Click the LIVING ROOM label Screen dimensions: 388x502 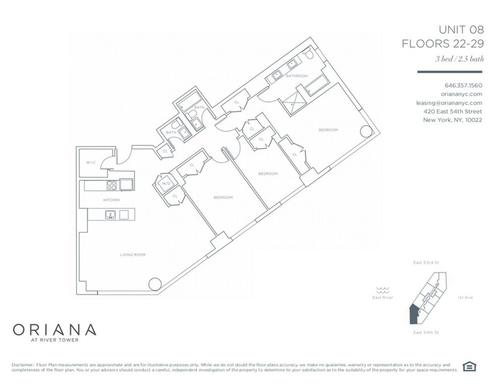pyautogui.click(x=133, y=254)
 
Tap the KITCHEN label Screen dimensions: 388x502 pyautogui.click(x=111, y=200)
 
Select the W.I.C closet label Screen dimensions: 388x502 pyautogui.click(x=91, y=162)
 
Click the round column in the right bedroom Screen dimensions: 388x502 pyautogui.click(x=365, y=131)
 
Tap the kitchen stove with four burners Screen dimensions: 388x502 pyautogui.click(x=113, y=185)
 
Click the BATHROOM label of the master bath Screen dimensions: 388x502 pyautogui.click(x=297, y=76)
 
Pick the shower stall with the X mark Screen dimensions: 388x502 pyautogui.click(x=291, y=102)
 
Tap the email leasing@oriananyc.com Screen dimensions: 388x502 pyautogui.click(x=449, y=103)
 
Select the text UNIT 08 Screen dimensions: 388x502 pyautogui.click(x=461, y=30)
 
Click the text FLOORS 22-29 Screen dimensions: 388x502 pyautogui.click(x=443, y=44)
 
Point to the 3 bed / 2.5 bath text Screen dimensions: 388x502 pyautogui.click(x=459, y=59)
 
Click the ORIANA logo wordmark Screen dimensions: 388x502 pyautogui.click(x=55, y=329)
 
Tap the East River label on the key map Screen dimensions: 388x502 pyautogui.click(x=382, y=298)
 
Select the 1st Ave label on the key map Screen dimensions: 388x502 pyautogui.click(x=465, y=298)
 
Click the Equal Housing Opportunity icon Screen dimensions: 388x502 pyautogui.click(x=470, y=367)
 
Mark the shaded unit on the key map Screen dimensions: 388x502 pyautogui.click(x=412, y=314)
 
